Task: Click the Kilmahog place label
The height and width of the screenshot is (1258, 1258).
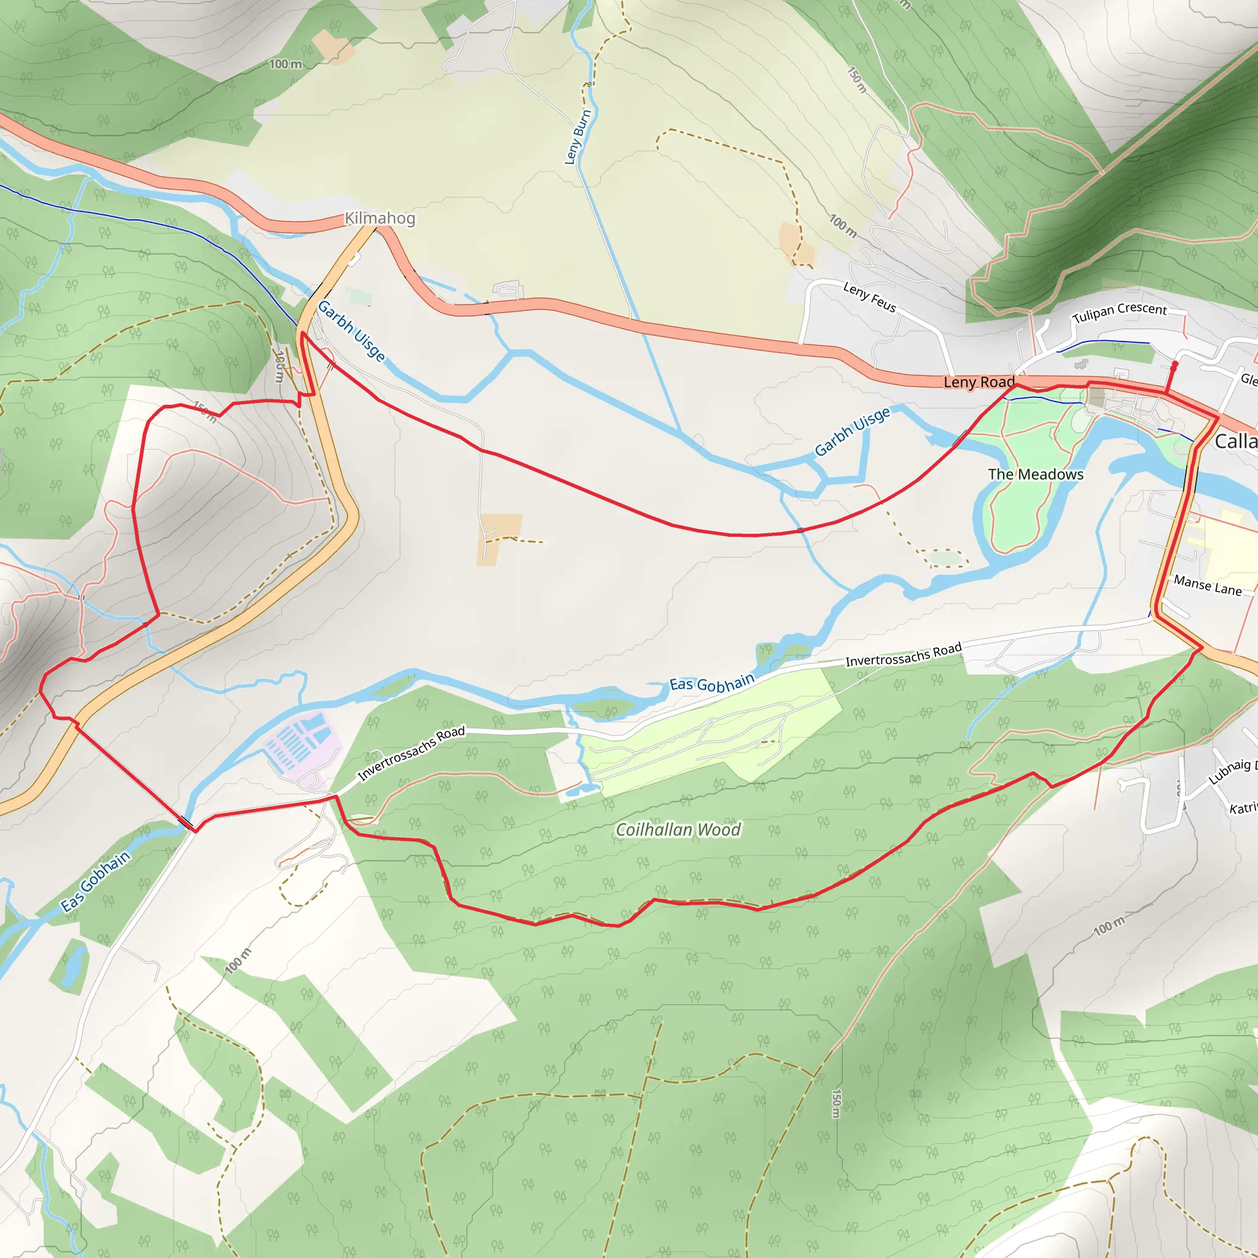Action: (x=380, y=218)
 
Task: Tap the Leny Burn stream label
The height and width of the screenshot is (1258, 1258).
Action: (x=577, y=137)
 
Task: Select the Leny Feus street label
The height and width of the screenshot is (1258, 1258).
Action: (x=869, y=297)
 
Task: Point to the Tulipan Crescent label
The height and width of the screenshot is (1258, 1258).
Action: (x=1119, y=312)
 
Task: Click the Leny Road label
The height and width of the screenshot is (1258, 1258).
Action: (x=979, y=382)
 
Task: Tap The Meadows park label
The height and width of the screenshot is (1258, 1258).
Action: (x=1035, y=475)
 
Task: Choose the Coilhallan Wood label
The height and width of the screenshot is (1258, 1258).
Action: (x=678, y=829)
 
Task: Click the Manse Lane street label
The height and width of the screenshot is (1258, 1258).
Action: (x=1208, y=585)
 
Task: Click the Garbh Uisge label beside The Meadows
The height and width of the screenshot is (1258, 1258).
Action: (x=852, y=432)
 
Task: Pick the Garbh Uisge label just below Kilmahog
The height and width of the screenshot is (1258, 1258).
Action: (x=351, y=331)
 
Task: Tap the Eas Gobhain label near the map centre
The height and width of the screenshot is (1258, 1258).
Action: (x=712, y=684)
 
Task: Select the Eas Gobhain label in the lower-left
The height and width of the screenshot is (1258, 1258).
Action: (x=96, y=881)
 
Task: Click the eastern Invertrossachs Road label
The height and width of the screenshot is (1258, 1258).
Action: (x=903, y=654)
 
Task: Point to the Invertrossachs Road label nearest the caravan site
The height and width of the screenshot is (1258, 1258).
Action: (x=412, y=752)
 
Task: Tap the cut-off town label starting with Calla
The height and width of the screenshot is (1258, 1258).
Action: (x=1235, y=442)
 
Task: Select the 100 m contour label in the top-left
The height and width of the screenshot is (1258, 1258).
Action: (x=285, y=64)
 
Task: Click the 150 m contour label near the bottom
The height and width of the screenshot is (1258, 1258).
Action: (x=836, y=1103)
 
